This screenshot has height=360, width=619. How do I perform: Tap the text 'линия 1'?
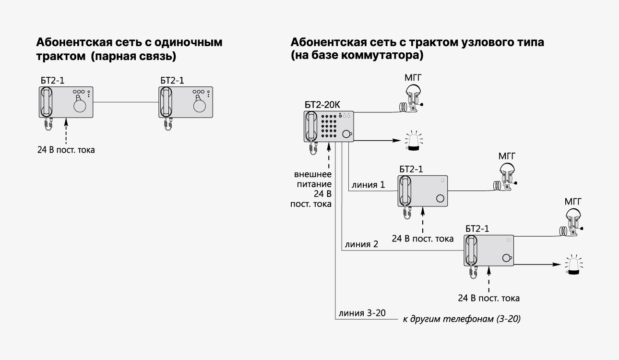[368, 184]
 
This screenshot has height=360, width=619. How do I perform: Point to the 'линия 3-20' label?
[362, 314]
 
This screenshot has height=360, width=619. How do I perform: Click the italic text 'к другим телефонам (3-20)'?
[462, 319]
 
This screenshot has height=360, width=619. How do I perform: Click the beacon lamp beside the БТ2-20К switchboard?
[413, 142]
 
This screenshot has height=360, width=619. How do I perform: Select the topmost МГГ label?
[413, 78]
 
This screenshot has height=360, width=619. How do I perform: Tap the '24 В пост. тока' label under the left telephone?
[66, 149]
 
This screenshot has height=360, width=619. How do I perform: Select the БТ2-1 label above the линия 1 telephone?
[411, 169]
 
